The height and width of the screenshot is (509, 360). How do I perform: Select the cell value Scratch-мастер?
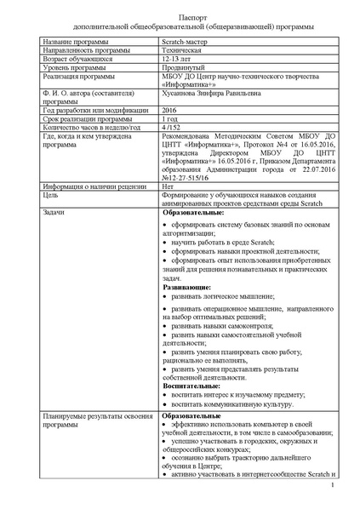coord(186,41)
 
